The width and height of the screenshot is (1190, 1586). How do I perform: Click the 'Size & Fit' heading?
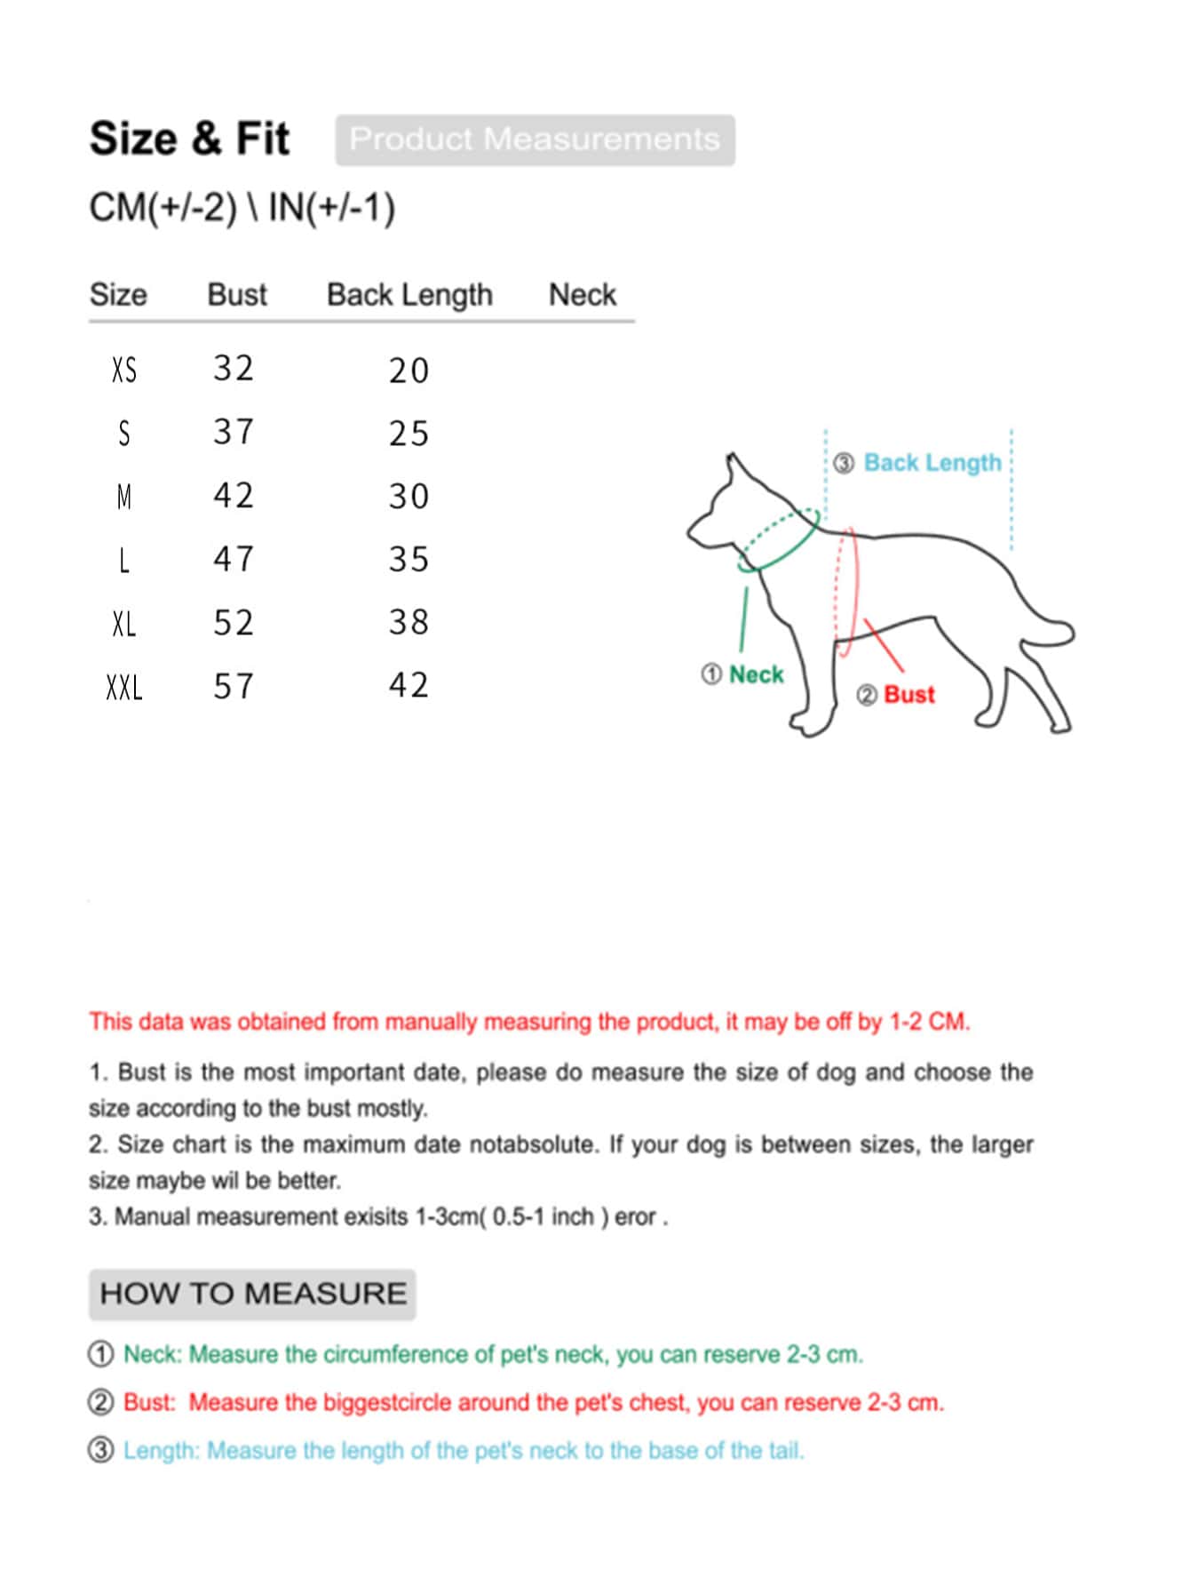coord(189,139)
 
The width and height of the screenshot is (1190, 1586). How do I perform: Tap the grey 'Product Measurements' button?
coord(535,139)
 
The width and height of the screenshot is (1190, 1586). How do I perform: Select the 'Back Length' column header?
coord(409,294)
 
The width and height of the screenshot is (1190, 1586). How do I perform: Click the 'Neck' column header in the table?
coord(582,294)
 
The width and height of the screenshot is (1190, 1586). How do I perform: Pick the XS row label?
coord(124,370)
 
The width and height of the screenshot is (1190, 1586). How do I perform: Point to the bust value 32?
coord(234,368)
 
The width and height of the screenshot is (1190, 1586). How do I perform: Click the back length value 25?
coord(409,434)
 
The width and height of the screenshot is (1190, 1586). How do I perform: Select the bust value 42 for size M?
coord(234,495)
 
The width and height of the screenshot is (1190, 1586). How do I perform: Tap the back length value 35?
coord(409,560)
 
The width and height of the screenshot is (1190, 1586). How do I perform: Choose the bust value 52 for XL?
coord(234,623)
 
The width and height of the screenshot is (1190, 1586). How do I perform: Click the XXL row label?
coord(124,687)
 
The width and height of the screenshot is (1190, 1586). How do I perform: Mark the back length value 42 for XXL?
coord(409,685)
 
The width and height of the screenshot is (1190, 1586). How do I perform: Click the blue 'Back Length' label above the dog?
coord(932,463)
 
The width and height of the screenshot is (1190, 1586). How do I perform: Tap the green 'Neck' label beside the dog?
coord(756,674)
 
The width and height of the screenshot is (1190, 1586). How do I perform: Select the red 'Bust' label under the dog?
coord(908,695)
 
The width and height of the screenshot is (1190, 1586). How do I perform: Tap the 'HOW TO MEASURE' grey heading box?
coord(252,1294)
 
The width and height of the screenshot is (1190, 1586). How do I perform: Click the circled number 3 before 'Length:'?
coord(101,1450)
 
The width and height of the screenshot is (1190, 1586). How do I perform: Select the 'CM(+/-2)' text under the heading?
coord(163,208)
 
